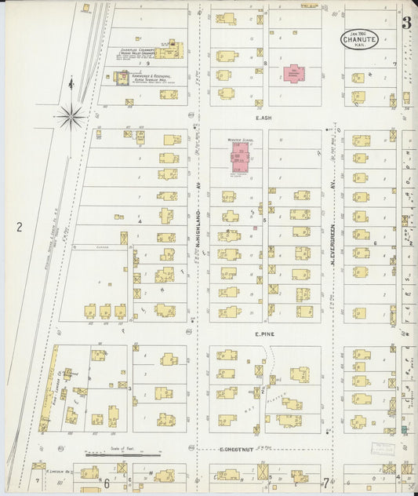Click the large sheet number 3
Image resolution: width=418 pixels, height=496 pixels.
coord(407,23)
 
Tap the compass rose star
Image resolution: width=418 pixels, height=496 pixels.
coord(71,118)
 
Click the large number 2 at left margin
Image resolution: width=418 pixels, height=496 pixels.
coord(18,228)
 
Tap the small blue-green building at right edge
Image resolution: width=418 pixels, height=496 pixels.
coord(404,430)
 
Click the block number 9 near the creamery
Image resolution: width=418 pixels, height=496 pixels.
coord(147,63)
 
